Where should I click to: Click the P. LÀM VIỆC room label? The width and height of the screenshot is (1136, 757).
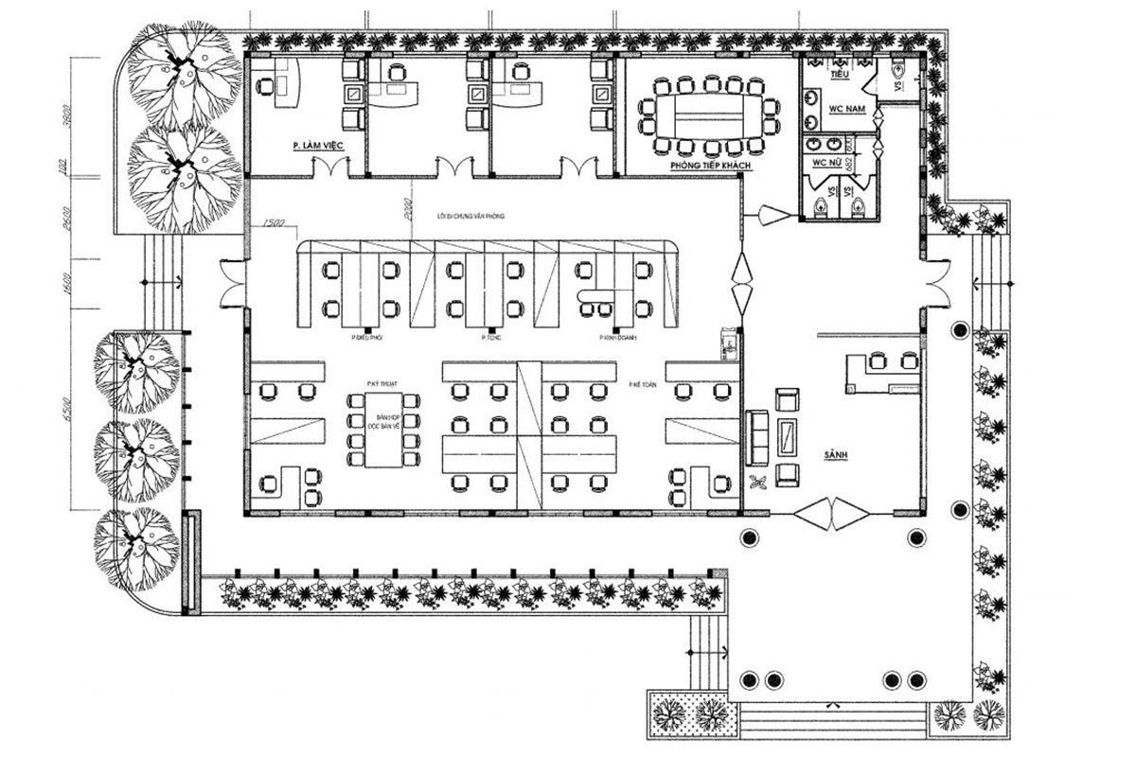pos(316,146)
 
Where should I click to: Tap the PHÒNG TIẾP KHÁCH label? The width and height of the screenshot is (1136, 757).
pos(710,166)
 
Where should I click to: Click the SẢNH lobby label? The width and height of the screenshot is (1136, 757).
pos(835,455)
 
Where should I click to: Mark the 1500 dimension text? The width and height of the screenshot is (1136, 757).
pos(275,222)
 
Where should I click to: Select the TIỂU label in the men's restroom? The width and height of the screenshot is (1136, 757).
pos(838,73)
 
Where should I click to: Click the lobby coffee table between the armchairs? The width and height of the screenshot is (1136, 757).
pos(787,436)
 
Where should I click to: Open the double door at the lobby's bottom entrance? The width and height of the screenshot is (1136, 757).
pos(831,516)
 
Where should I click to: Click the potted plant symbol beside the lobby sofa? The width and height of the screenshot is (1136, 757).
pos(757,484)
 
